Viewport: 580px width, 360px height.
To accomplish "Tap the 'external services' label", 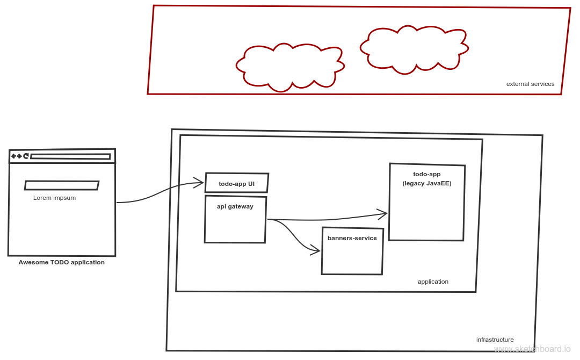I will click(x=530, y=84).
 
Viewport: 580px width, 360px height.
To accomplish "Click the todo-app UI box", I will click(x=236, y=183).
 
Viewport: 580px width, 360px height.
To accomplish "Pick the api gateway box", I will click(x=235, y=220).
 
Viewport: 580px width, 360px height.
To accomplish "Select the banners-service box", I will click(x=352, y=251).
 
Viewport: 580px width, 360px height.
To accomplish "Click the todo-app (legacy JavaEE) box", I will click(x=427, y=202).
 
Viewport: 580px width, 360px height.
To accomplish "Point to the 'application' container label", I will click(x=433, y=282).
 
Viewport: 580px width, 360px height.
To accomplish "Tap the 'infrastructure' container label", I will click(x=495, y=340).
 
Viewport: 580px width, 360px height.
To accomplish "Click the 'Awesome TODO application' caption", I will click(x=62, y=263).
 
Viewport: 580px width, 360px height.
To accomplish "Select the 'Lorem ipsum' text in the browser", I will click(x=54, y=198).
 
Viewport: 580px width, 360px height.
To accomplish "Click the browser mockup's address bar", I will click(x=70, y=156).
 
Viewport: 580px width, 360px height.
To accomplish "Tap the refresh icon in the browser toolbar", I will click(x=25, y=156).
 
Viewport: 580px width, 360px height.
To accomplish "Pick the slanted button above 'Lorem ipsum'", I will click(x=62, y=185).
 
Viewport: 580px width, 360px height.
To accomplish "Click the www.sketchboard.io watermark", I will click(x=532, y=349).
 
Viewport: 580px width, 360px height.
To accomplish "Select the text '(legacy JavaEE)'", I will click(x=427, y=183).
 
